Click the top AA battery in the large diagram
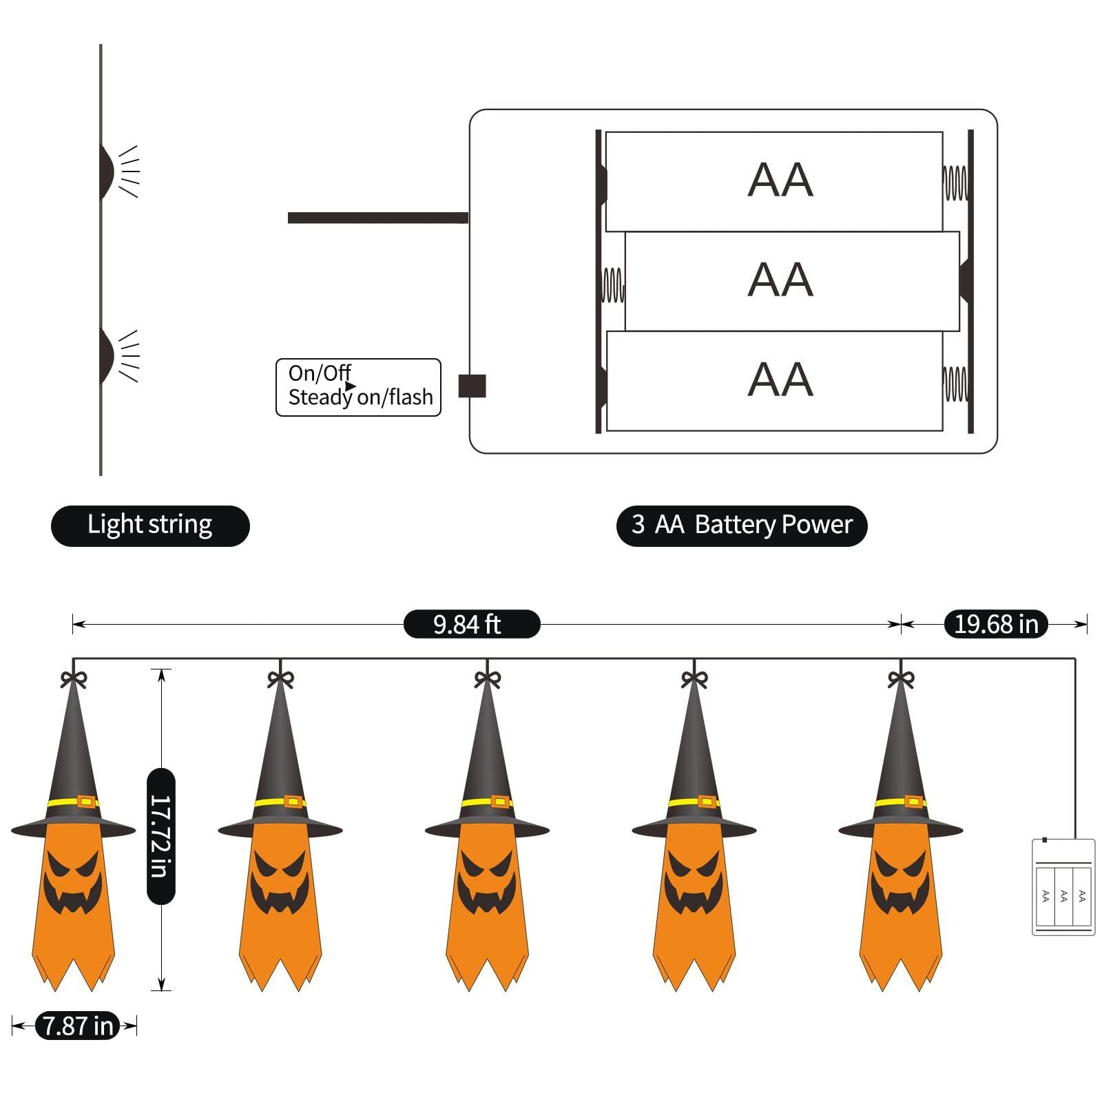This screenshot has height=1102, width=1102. click(773, 181)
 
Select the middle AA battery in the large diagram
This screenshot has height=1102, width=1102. click(791, 281)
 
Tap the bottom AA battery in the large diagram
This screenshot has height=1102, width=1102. click(773, 381)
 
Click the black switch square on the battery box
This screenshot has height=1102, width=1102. click(472, 386)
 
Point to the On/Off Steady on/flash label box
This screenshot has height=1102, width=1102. click(358, 387)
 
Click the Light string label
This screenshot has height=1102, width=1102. click(150, 526)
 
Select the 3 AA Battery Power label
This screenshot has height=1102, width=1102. click(741, 526)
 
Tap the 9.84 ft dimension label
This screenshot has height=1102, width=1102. click(471, 624)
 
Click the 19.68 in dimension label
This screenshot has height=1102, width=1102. click(995, 624)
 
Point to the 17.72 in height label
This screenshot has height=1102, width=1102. click(161, 835)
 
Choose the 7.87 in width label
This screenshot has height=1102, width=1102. click(77, 1026)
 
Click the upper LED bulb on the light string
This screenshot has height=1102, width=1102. click(106, 170)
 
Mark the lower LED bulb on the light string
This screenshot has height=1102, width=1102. click(106, 355)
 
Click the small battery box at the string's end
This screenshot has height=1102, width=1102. click(1063, 886)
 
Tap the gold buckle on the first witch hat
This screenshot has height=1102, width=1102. click(86, 801)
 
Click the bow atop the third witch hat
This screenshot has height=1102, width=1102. click(488, 679)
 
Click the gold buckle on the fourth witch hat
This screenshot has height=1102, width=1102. click(707, 801)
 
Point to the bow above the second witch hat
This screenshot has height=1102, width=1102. click(280, 679)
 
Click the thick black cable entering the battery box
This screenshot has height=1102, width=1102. click(377, 218)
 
